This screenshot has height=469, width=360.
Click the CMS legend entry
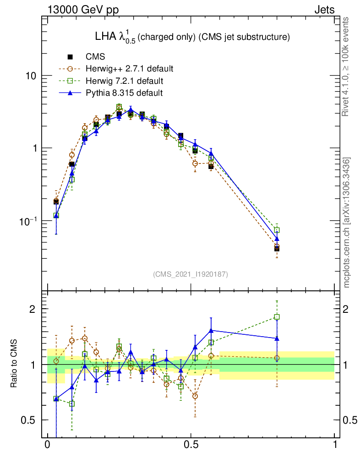tap(95, 57)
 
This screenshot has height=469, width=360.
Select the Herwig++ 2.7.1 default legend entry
tap(129, 69)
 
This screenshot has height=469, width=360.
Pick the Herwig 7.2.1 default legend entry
tap(124, 81)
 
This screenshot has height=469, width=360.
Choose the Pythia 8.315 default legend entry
tap(124, 93)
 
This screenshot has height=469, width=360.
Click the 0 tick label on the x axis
tap(47, 445)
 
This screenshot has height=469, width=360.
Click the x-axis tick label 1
tap(334, 445)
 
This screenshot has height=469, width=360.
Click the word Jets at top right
tap(324, 10)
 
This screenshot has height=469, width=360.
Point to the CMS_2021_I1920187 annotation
tap(191, 274)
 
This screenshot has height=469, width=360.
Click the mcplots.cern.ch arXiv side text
tap(347, 222)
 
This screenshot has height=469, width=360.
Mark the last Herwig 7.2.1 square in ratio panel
tap(277, 316)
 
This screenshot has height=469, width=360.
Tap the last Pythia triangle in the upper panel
tap(277, 239)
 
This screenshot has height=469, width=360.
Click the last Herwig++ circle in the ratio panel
tap(277, 358)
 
